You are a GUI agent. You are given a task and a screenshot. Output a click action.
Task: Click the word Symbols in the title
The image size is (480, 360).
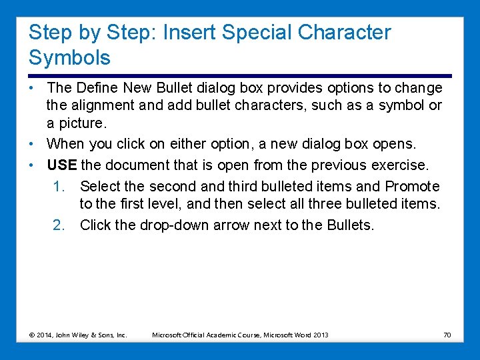(69, 58)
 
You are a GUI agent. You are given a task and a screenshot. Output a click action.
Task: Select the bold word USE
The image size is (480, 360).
(61, 165)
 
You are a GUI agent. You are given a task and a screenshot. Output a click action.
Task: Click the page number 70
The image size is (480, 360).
(447, 334)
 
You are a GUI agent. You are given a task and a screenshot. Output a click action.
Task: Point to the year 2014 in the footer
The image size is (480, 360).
(44, 334)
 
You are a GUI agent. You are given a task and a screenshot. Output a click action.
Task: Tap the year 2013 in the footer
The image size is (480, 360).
(319, 334)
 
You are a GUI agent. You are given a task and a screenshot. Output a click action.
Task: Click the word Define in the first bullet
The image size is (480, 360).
(97, 88)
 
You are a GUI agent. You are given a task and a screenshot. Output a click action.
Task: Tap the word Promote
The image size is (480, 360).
(412, 187)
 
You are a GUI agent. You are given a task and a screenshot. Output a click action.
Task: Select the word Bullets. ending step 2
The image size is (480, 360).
(351, 225)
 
